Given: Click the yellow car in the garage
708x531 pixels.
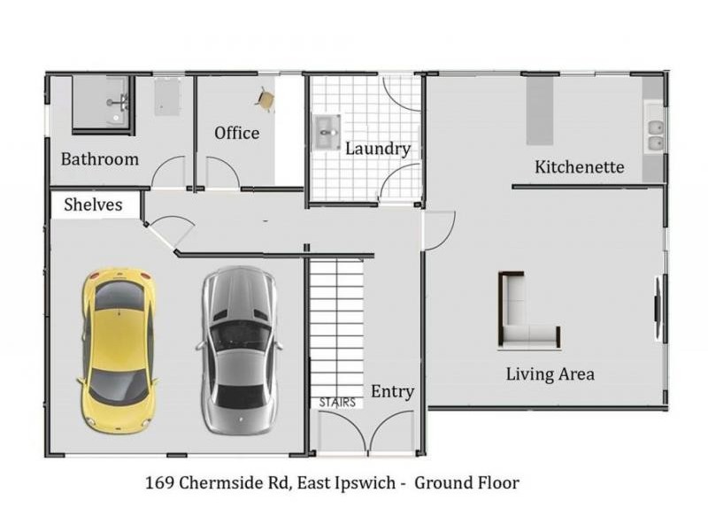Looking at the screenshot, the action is click(x=119, y=351).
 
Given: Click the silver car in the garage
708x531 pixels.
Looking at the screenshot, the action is click(x=239, y=350).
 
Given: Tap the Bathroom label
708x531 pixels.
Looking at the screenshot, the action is click(x=100, y=159).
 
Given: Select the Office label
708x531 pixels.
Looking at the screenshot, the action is click(x=236, y=134).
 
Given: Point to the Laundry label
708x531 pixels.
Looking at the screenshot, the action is click(x=378, y=149).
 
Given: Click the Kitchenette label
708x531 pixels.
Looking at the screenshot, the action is click(x=580, y=167).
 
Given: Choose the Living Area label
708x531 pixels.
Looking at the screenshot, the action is click(x=550, y=374).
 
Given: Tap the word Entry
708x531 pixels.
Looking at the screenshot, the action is click(x=392, y=391).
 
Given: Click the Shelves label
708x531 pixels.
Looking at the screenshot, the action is click(x=93, y=204).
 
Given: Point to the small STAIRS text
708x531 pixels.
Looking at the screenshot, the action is click(x=337, y=403).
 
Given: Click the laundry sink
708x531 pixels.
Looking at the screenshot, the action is click(x=327, y=132).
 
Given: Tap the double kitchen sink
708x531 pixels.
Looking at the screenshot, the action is click(x=655, y=135).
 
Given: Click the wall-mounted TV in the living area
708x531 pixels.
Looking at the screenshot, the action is click(x=658, y=306).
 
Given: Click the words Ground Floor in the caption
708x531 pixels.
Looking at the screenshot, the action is click(x=467, y=482).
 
